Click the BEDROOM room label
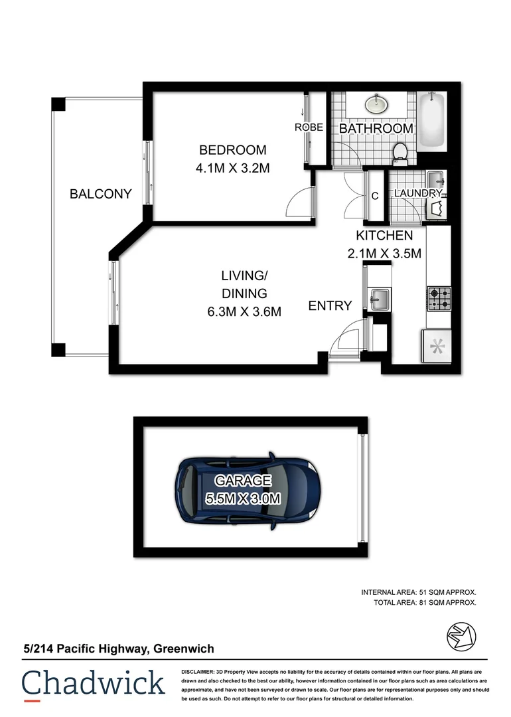tap(232, 150)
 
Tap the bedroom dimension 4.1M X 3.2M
tap(232, 169)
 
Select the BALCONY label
tap(101, 195)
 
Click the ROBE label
tap(309, 127)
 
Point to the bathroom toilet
tap(400, 152)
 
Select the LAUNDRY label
tap(418, 193)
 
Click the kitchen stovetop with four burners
tap(439, 299)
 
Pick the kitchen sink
tap(378, 299)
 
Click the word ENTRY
tap(330, 306)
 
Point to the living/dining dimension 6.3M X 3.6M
tap(244, 311)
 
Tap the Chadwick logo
tap(93, 684)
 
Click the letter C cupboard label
tap(375, 197)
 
